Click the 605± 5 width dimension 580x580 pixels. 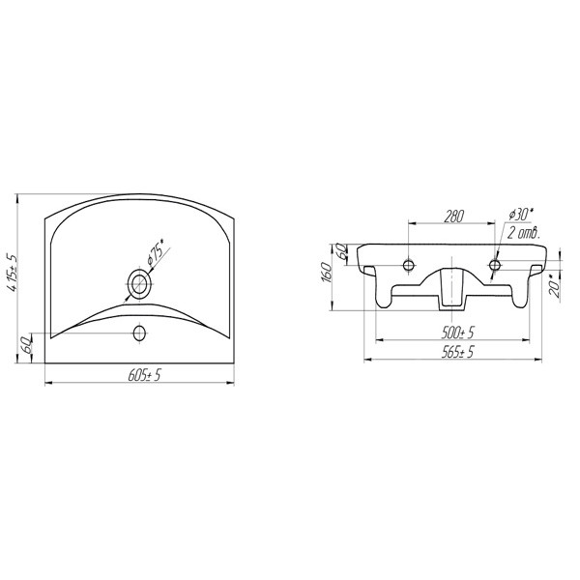pyautogui.click(x=145, y=375)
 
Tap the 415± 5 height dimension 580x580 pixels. pyautogui.click(x=12, y=273)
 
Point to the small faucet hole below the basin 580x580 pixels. pyautogui.click(x=139, y=333)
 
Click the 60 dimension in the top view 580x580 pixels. pyautogui.click(x=28, y=345)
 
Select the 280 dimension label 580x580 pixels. pyautogui.click(x=453, y=216)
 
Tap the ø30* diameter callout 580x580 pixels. pyautogui.click(x=521, y=215)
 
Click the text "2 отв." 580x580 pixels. pyautogui.click(x=523, y=233)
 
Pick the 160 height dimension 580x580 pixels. pyautogui.click(x=327, y=272)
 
